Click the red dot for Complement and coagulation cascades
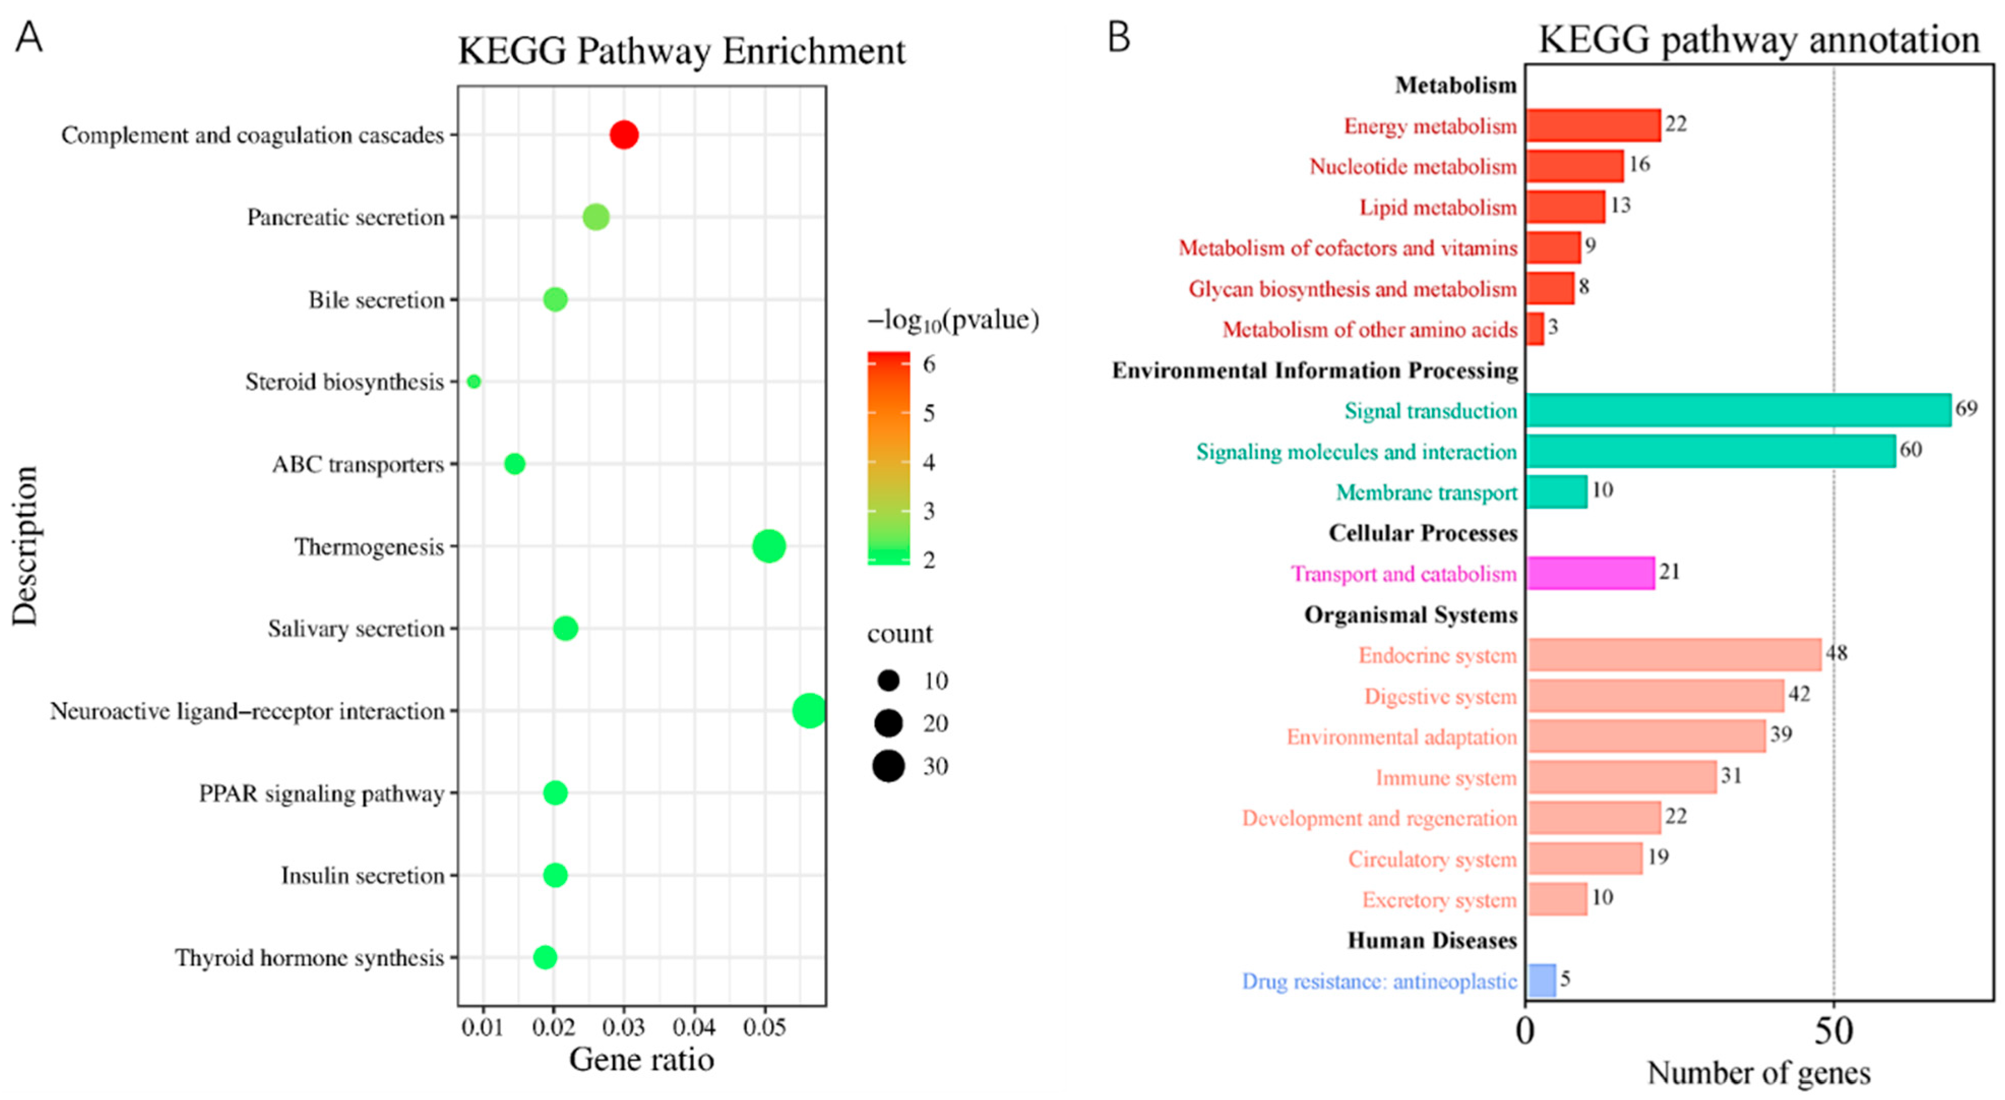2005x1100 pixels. click(x=623, y=135)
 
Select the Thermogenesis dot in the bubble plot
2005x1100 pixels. click(x=768, y=546)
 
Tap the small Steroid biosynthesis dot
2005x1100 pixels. click(x=473, y=381)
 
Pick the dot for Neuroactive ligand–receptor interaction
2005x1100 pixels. click(x=809, y=710)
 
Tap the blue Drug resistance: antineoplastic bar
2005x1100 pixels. click(x=1541, y=980)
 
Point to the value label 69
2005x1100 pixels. click(x=1966, y=408)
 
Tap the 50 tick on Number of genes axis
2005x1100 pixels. click(x=1834, y=1031)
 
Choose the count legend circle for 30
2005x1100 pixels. click(x=888, y=766)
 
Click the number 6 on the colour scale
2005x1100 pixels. click(x=928, y=363)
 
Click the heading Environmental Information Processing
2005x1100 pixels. click(x=1314, y=371)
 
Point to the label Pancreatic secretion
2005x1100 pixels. click(x=346, y=217)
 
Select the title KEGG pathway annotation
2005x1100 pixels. click(x=1758, y=40)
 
